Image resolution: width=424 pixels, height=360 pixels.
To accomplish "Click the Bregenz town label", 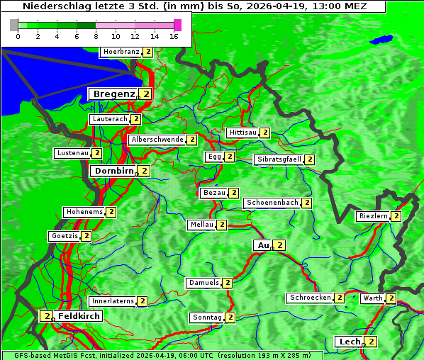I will pyautogui.click(x=113, y=94).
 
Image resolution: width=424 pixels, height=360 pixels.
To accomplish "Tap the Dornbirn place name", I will pyautogui.click(x=113, y=171).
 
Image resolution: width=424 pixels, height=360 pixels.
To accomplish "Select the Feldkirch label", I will pyautogui.click(x=79, y=316).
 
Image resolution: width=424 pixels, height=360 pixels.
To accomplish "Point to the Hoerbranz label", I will pyautogui.click(x=121, y=52).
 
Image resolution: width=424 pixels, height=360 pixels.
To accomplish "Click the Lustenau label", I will pyautogui.click(x=72, y=153).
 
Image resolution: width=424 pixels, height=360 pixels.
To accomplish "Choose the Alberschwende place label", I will pyautogui.click(x=157, y=140).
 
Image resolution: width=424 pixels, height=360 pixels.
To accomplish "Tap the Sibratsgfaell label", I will pyautogui.click(x=279, y=159).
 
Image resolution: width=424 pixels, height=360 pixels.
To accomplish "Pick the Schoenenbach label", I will pyautogui.click(x=272, y=203).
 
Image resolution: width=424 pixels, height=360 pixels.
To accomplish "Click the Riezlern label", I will pyautogui.click(x=373, y=216).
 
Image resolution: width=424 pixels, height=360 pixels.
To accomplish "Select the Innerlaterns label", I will pyautogui.click(x=113, y=301).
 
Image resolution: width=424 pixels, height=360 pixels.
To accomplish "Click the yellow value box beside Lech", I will pyautogui.click(x=371, y=342).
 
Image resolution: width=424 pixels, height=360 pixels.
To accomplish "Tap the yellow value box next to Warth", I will pyautogui.click(x=391, y=298).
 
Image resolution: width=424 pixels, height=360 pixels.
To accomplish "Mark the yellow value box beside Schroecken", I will pyautogui.click(x=339, y=298).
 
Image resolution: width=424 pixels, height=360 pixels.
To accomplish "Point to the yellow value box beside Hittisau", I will pyautogui.click(x=264, y=133).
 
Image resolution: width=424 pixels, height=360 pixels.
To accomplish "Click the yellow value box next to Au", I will pyautogui.click(x=279, y=245).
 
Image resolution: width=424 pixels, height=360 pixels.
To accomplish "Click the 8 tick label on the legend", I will pyautogui.click(x=96, y=36).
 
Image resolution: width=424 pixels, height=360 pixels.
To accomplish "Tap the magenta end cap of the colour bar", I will pyautogui.click(x=177, y=25).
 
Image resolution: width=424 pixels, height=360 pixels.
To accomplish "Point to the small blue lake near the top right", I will pyautogui.click(x=382, y=40).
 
